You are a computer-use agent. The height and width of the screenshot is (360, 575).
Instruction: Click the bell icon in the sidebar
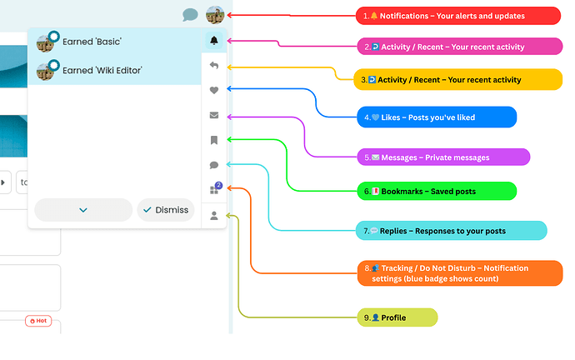tap(214, 40)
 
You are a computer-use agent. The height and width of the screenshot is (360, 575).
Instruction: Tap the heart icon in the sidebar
tap(214, 90)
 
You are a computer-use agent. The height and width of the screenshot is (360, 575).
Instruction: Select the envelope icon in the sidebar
tap(214, 115)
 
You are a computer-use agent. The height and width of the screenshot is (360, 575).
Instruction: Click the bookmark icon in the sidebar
tap(214, 140)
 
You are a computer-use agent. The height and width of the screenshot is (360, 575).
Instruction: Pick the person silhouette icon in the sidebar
tap(214, 216)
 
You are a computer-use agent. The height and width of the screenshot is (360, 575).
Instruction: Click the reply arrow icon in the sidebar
tap(214, 65)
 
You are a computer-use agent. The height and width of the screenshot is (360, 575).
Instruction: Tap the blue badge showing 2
tap(218, 185)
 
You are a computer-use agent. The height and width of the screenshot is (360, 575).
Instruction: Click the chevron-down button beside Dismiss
tap(83, 210)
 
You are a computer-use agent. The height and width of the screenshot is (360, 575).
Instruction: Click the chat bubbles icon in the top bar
tap(190, 15)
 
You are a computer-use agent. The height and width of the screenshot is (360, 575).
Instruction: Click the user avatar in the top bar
tap(214, 15)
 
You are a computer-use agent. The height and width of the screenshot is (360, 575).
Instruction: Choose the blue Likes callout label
tap(437, 117)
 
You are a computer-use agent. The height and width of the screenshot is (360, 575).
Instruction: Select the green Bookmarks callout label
tap(437, 191)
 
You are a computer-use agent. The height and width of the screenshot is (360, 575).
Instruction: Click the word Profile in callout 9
tap(393, 317)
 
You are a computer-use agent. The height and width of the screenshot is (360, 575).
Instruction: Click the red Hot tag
tap(37, 320)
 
